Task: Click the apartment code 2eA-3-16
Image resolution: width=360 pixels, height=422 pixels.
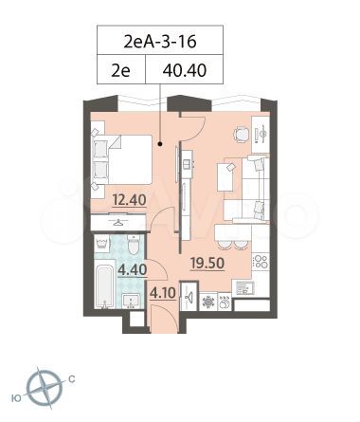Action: click(x=160, y=41)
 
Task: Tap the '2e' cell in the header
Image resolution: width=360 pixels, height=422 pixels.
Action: click(x=121, y=69)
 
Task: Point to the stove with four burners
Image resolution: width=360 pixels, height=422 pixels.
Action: click(x=259, y=261)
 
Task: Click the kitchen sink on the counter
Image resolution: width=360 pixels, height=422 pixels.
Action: click(x=244, y=286)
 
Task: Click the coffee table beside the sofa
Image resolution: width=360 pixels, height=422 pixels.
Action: click(x=225, y=176)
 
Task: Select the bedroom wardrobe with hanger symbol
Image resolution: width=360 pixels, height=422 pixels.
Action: click(x=117, y=221)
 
